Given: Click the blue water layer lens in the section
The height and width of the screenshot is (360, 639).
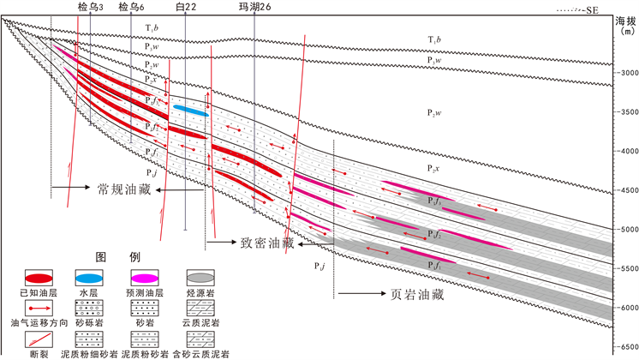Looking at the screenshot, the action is [x=190, y=111].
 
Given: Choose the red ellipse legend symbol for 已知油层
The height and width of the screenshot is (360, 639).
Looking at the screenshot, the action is [x=36, y=279].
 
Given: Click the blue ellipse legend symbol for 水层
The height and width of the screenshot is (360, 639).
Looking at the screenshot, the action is [x=89, y=279].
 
